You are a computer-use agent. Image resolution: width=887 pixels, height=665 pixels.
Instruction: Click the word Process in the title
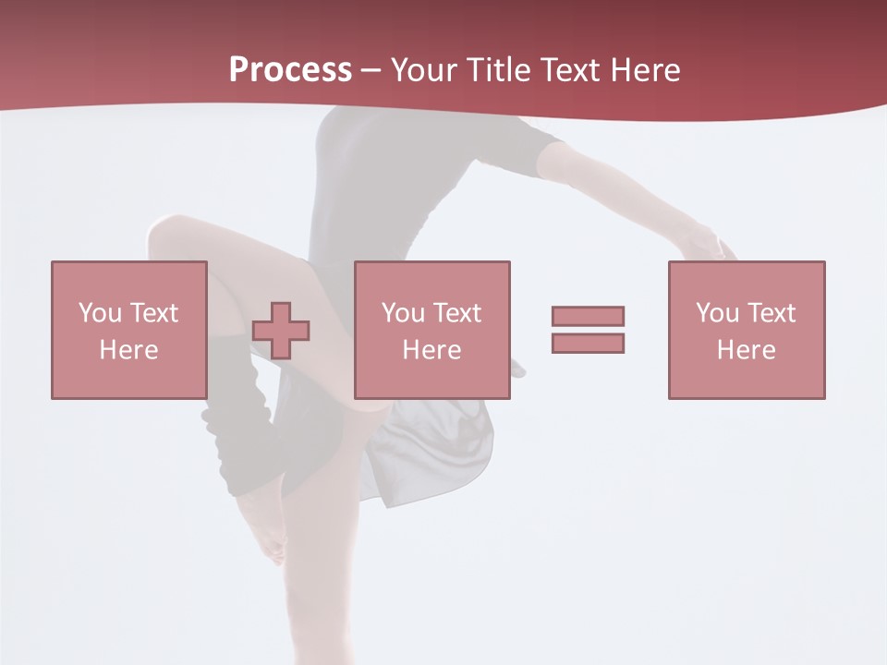click(x=290, y=70)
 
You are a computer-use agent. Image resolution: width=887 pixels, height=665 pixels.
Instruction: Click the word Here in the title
click(x=643, y=70)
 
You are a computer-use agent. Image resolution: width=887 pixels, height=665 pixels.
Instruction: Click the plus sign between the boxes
click(x=281, y=331)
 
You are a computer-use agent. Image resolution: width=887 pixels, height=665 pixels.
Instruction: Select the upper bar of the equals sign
click(x=588, y=316)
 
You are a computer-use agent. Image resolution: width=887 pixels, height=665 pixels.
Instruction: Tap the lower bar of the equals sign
click(x=588, y=343)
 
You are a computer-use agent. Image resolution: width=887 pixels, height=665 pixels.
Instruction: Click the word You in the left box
click(x=100, y=313)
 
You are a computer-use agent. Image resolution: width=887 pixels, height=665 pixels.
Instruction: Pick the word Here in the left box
click(x=128, y=350)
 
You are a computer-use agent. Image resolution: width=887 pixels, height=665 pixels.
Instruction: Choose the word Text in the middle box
click(x=456, y=313)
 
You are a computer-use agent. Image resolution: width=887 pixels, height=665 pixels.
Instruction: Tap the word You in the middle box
click(x=403, y=313)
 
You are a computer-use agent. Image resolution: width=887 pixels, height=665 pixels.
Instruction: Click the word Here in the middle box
click(x=431, y=350)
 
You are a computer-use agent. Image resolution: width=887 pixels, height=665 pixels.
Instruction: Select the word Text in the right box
click(x=771, y=313)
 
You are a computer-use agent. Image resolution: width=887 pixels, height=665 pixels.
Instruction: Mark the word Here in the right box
click(x=746, y=350)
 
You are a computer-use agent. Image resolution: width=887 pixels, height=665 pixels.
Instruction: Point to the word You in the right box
click(x=717, y=313)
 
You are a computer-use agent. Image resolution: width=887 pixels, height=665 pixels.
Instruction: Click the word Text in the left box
click(x=153, y=313)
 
